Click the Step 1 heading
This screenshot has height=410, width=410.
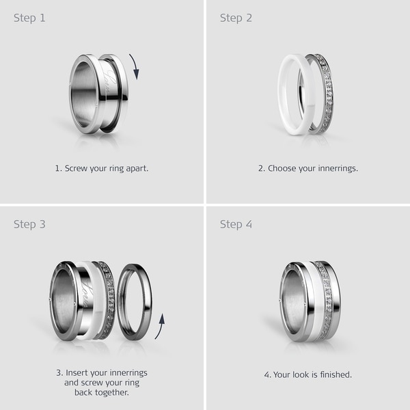[x=29, y=18]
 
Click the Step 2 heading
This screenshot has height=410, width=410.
[x=236, y=18]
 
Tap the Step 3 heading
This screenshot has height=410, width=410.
[x=29, y=225]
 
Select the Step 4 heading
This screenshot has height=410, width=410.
[x=236, y=225]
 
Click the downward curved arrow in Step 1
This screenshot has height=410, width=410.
[x=135, y=67]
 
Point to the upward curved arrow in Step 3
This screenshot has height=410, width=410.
[x=161, y=326]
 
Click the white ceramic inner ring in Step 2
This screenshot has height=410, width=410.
[x=282, y=94]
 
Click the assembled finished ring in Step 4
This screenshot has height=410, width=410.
[x=310, y=301]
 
